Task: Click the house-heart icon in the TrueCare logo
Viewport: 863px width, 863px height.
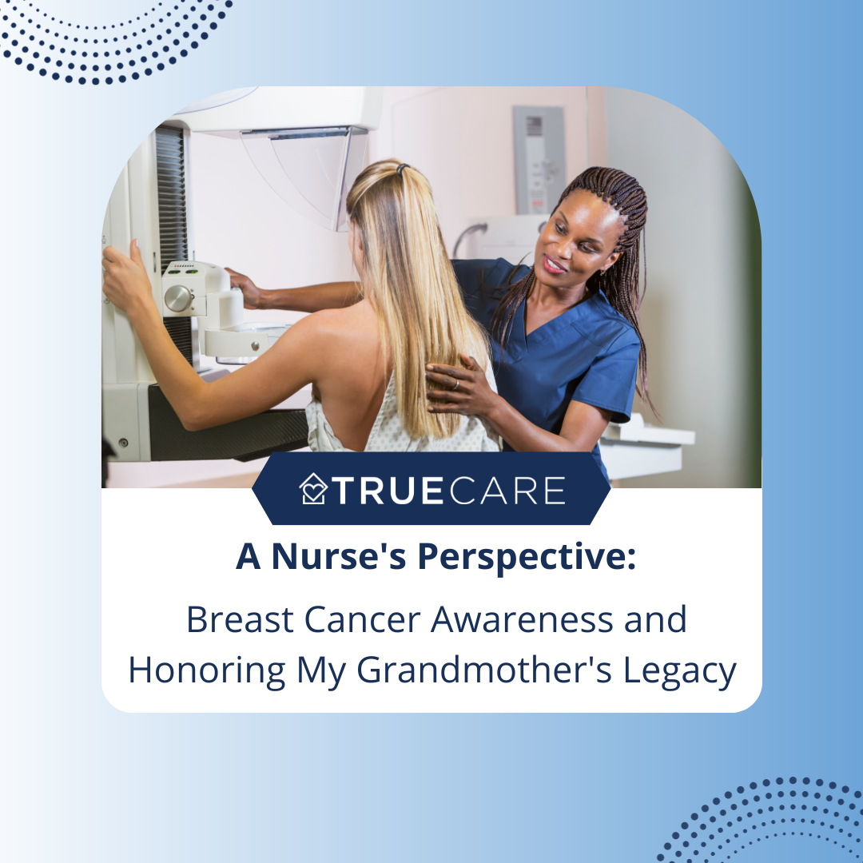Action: pyautogui.click(x=313, y=489)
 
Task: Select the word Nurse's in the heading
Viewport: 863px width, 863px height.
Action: pyautogui.click(x=339, y=556)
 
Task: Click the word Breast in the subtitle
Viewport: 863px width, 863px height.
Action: pyautogui.click(x=240, y=620)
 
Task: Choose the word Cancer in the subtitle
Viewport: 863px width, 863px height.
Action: pyautogui.click(x=362, y=620)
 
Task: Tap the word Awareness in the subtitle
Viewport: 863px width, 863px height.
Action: pyautogui.click(x=522, y=620)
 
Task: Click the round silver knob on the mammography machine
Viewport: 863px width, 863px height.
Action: pyautogui.click(x=178, y=298)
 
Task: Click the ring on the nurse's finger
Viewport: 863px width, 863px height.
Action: pyautogui.click(x=455, y=384)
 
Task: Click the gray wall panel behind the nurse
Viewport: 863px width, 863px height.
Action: pyautogui.click(x=539, y=160)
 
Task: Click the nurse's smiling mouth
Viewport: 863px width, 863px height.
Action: pyautogui.click(x=555, y=264)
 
